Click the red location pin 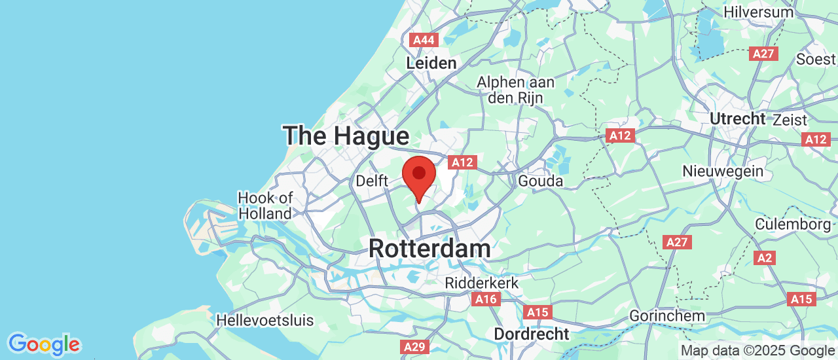(419, 175)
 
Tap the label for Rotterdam (429, 249)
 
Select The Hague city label (346, 136)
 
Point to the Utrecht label (737, 118)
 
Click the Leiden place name (431, 63)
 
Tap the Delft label (372, 181)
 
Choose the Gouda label (540, 181)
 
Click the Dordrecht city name (532, 334)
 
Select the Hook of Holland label (264, 206)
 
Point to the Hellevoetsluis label (264, 321)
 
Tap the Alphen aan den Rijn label (516, 90)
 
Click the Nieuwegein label (723, 171)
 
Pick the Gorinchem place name (667, 316)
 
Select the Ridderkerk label (481, 283)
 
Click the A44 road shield (424, 40)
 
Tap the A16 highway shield (486, 299)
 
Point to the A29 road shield (415, 347)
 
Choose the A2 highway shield (764, 258)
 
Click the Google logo (44, 344)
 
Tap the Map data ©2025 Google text (756, 351)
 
